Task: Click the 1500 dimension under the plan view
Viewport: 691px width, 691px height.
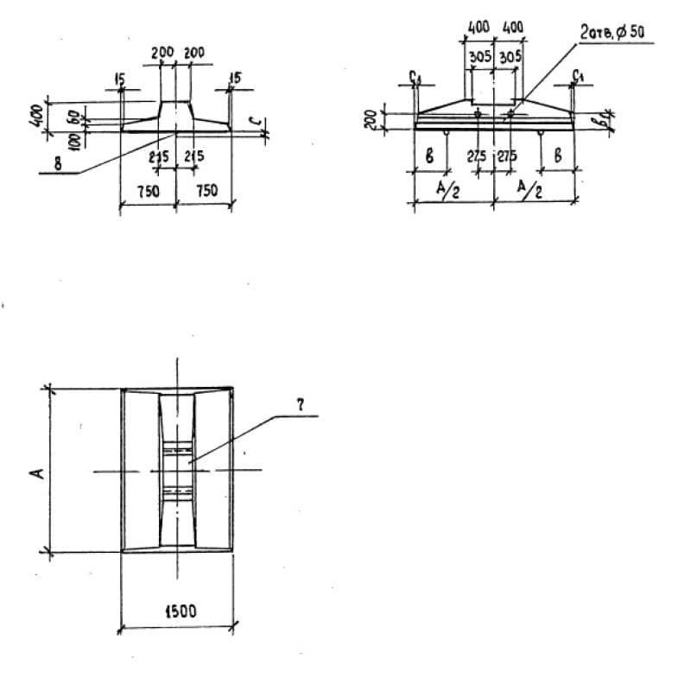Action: tap(177, 612)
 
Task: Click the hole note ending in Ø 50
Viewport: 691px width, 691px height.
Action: tap(612, 34)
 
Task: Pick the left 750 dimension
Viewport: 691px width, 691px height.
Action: tap(148, 191)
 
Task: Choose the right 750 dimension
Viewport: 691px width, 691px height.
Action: tap(206, 191)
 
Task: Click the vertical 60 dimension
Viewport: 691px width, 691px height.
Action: tap(75, 115)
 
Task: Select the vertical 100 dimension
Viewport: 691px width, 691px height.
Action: tap(75, 136)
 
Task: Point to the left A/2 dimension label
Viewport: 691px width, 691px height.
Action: tap(449, 191)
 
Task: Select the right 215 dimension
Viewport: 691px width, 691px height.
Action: tap(193, 157)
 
